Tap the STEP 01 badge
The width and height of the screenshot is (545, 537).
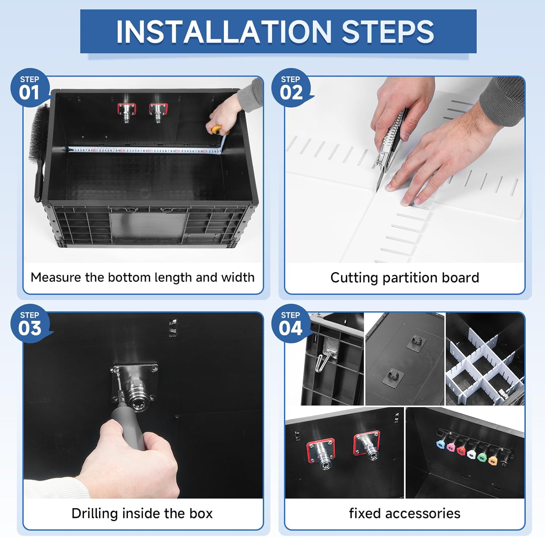click(30, 88)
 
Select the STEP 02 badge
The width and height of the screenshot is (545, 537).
click(291, 88)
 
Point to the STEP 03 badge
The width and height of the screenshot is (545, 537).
click(30, 323)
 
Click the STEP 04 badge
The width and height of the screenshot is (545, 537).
click(291, 323)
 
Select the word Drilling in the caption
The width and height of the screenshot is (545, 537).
click(94, 514)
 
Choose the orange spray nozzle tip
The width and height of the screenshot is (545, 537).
click(493, 460)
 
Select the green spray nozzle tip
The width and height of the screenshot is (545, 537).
click(482, 457)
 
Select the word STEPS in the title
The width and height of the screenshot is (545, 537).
click(388, 32)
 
